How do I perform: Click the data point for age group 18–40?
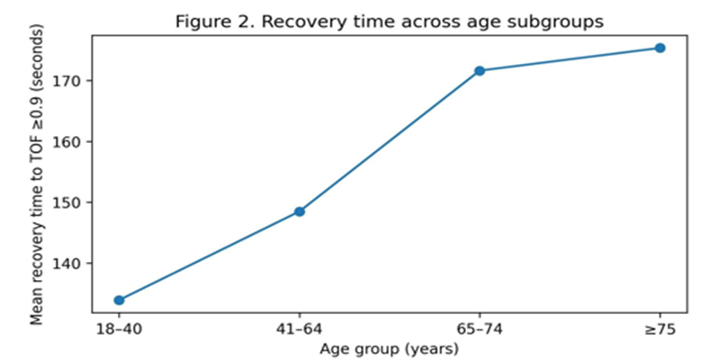pyautogui.click(x=119, y=301)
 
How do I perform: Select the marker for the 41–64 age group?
pyautogui.click(x=300, y=211)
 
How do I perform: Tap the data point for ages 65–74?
pyautogui.click(x=480, y=71)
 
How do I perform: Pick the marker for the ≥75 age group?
pyautogui.click(x=660, y=48)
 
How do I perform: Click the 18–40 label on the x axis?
pyautogui.click(x=119, y=329)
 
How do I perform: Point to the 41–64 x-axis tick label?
pyautogui.click(x=300, y=329)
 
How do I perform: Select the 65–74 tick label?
pyautogui.click(x=480, y=329)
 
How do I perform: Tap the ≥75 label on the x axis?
pyautogui.click(x=660, y=329)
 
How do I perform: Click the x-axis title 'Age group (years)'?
pyautogui.click(x=390, y=348)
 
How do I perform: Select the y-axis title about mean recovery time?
pyautogui.click(x=37, y=173)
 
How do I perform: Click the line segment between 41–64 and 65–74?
pyautogui.click(x=390, y=141)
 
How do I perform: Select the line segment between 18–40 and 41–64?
pyautogui.click(x=209, y=256)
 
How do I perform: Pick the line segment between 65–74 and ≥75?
pyautogui.click(x=570, y=59)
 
